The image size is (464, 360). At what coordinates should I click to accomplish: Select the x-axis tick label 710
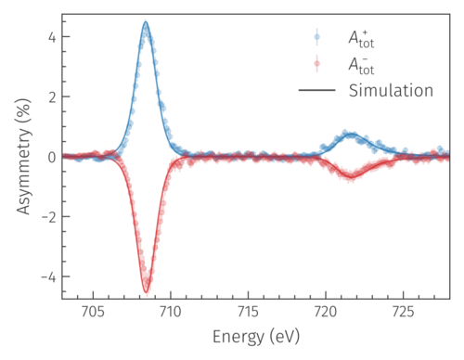(x=171, y=313)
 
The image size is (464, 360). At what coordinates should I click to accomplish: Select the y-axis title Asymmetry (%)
(x=20, y=157)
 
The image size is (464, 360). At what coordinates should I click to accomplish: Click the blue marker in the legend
(x=317, y=38)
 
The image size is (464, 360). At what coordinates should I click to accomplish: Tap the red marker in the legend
(x=317, y=64)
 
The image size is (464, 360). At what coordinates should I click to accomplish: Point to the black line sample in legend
(x=317, y=90)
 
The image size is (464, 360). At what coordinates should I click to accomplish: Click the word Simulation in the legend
(x=391, y=90)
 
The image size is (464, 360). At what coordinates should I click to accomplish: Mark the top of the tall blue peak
(x=146, y=22)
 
